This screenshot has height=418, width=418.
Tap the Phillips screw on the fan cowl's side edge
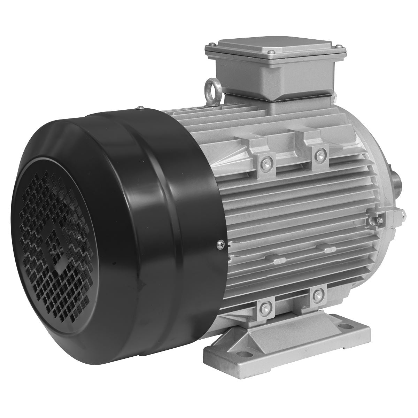pos(219,243)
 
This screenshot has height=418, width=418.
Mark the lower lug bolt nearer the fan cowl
pos(264,307)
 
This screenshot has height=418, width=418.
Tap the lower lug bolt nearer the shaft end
pos(317,295)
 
